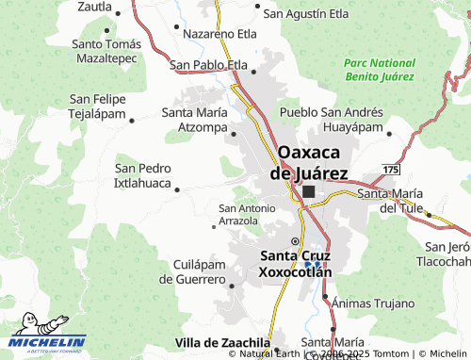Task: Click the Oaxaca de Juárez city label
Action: [x=309, y=161]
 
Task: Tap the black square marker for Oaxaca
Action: [x=309, y=191]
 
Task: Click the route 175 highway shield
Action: [x=391, y=168]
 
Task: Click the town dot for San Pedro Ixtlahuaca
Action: [x=178, y=188]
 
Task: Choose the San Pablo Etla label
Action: [x=208, y=64]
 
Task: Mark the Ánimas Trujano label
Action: [x=373, y=303]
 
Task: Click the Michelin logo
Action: [x=49, y=342]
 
